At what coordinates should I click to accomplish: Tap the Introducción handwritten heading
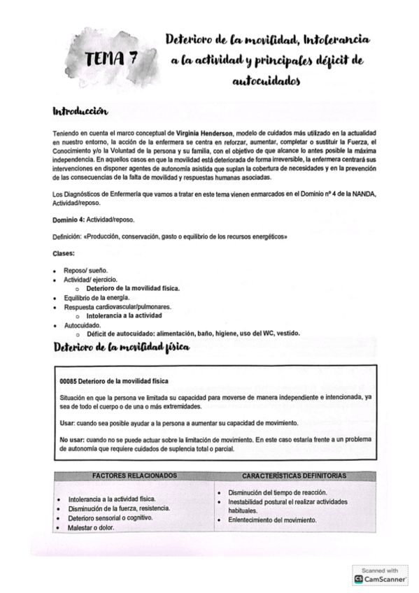pyautogui.click(x=80, y=111)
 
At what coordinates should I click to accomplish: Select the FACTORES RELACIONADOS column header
pyautogui.click(x=134, y=476)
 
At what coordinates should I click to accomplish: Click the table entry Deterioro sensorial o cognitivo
pyautogui.click(x=111, y=517)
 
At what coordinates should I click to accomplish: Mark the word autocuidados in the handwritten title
pyautogui.click(x=266, y=81)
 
